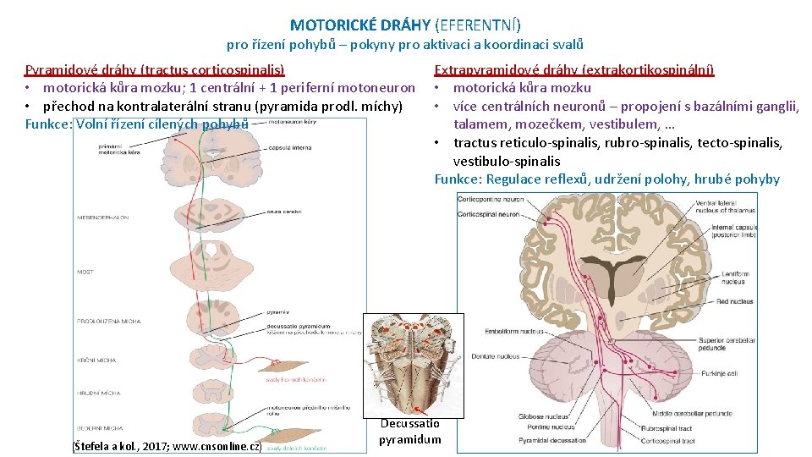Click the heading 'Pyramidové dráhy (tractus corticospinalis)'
[155, 69]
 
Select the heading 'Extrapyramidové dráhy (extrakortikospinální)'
[573, 69]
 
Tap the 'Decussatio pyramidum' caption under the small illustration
[409, 432]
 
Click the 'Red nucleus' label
[735, 301]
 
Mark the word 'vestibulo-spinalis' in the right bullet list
[507, 161]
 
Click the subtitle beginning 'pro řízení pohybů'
[405, 45]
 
